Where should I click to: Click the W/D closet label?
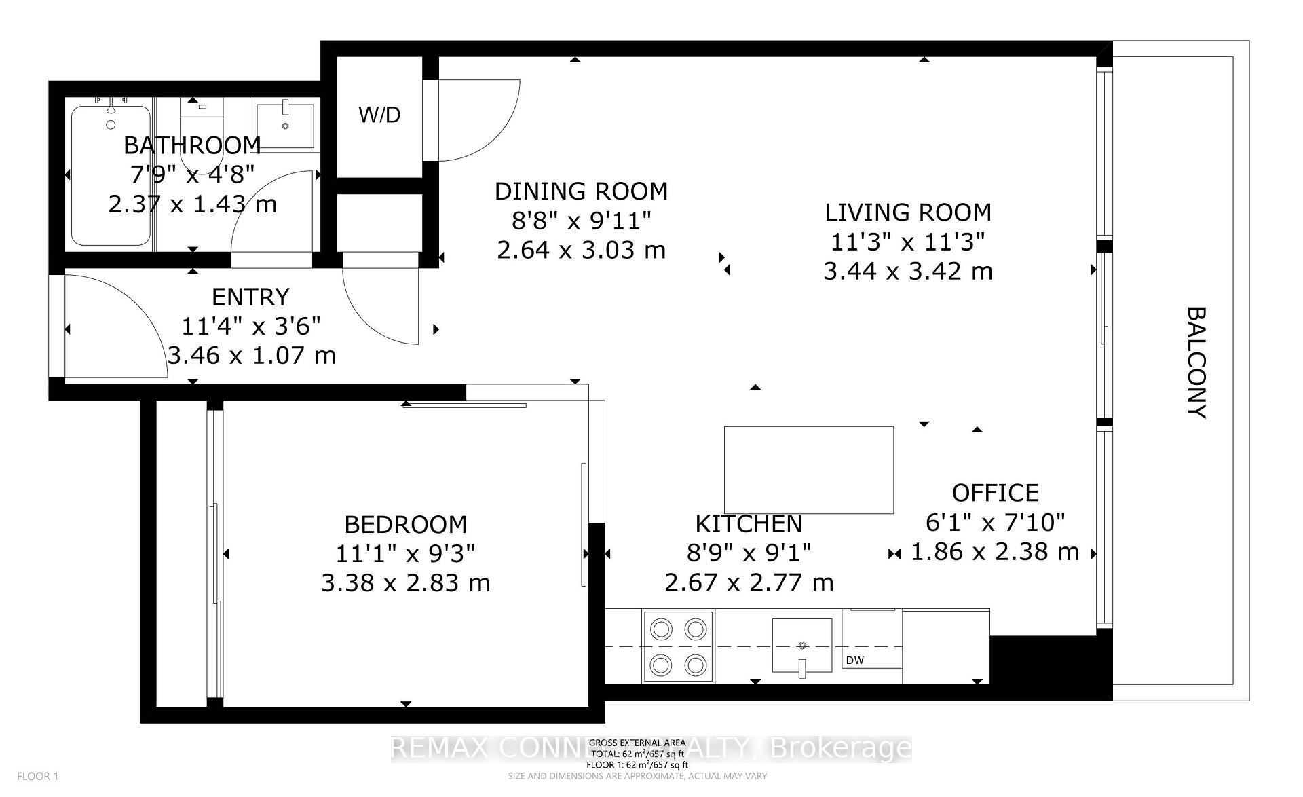tap(379, 115)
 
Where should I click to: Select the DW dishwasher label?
tap(855, 660)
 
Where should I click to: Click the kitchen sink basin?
tap(802, 646)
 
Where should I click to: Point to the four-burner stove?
tap(678, 646)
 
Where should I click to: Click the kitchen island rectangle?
tap(808, 470)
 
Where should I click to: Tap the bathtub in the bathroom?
tap(111, 175)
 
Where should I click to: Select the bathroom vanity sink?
tap(285, 126)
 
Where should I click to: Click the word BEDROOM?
tap(406, 524)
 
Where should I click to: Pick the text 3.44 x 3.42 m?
tap(908, 272)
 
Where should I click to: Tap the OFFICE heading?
tap(995, 493)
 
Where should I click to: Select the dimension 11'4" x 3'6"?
tap(250, 327)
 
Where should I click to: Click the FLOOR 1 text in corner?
tap(38, 776)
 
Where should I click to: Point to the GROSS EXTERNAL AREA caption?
tap(637, 743)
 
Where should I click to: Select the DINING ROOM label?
tap(581, 191)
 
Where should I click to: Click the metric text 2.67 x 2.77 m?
tap(749, 582)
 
